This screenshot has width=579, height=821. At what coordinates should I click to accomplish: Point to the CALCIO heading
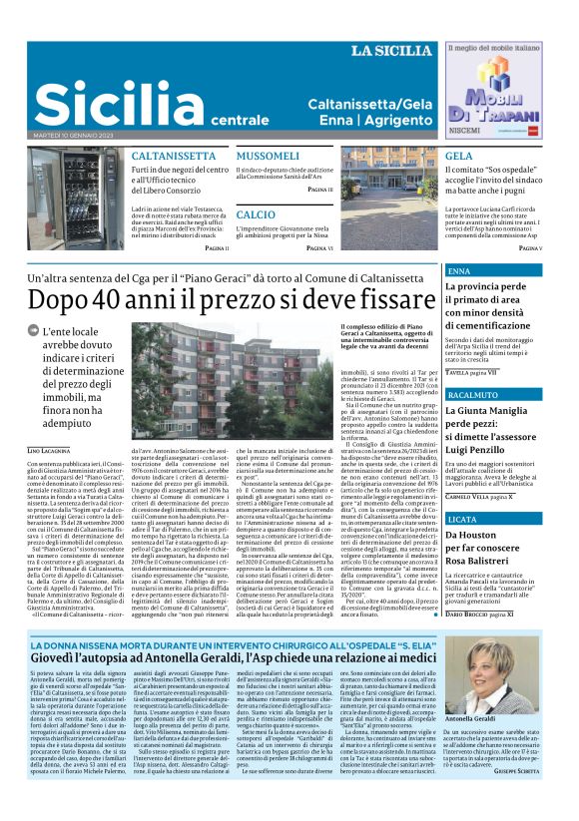coord(257,213)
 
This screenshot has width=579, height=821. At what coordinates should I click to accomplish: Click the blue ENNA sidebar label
coord(461,271)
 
